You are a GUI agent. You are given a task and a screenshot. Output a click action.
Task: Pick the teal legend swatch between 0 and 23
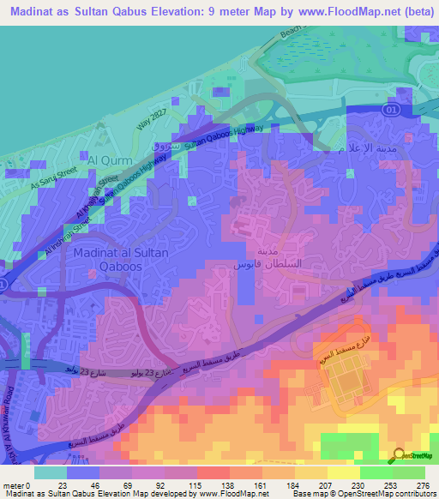point(50,472)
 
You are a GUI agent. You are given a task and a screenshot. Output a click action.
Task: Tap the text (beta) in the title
point(411,12)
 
